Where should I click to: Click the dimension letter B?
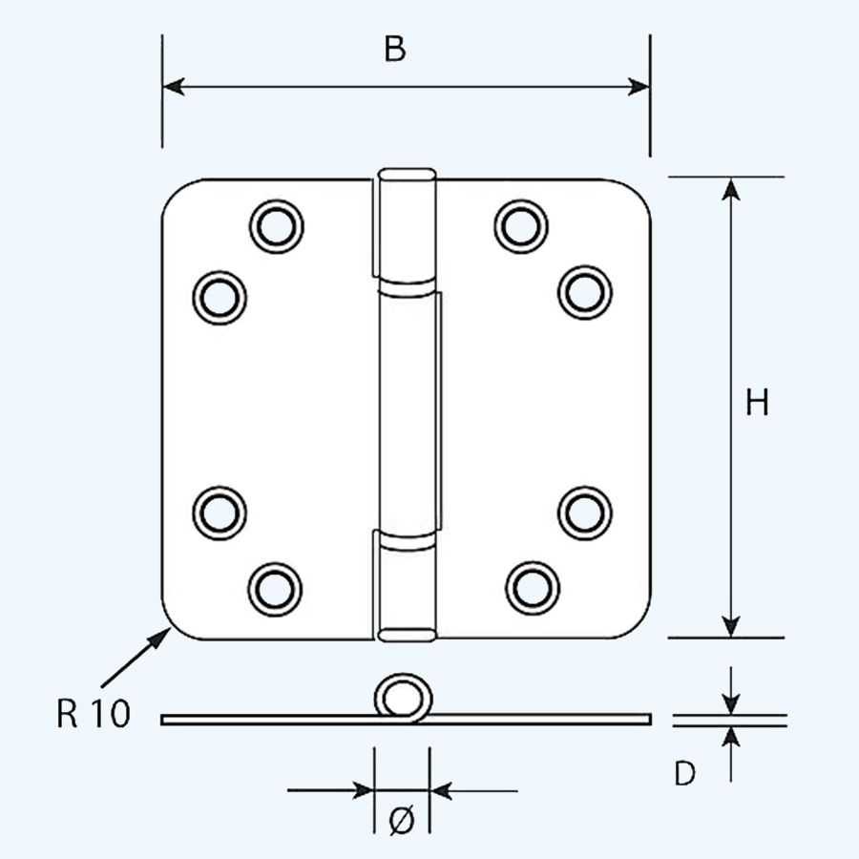394,50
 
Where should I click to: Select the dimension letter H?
757,404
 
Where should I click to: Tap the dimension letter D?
684,774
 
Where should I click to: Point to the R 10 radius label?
93,714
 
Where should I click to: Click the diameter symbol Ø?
402,818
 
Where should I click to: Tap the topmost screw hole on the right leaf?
521,226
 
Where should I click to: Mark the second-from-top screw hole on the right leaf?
584,292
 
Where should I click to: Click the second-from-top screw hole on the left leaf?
220,297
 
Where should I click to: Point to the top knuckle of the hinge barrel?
406,226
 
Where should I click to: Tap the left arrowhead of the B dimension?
172,87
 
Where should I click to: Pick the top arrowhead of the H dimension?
730,189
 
